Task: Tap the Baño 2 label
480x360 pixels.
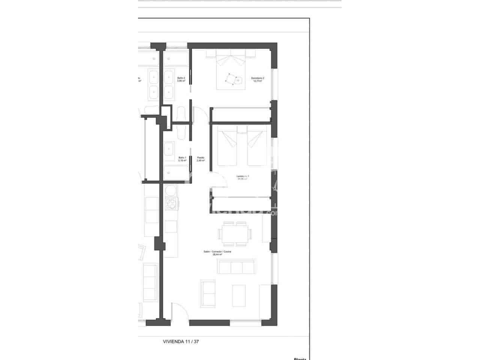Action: (181, 79)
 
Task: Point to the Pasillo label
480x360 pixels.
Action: (201, 159)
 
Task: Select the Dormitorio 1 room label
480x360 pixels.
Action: (243, 177)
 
